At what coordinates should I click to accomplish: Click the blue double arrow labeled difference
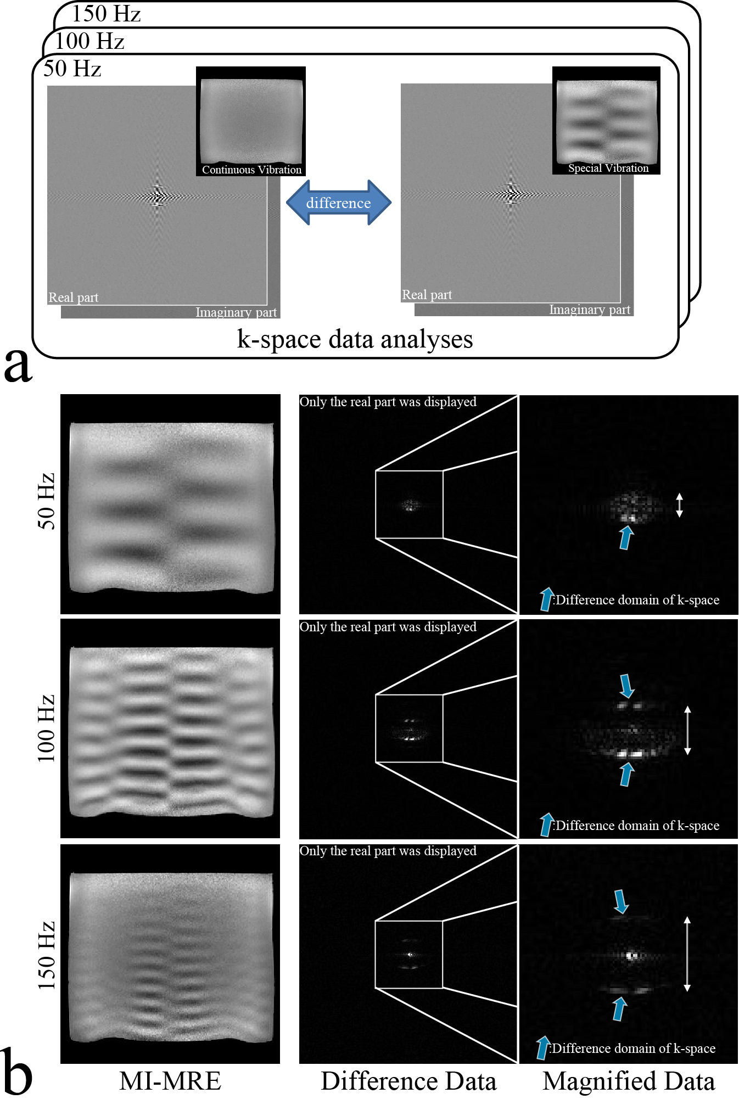[338, 203]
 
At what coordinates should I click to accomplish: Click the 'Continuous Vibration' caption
[251, 170]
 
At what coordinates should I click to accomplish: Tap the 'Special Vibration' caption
[608, 168]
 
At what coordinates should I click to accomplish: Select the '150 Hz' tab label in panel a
[106, 14]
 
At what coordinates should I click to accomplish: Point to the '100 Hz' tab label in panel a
[89, 41]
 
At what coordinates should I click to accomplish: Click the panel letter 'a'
[18, 364]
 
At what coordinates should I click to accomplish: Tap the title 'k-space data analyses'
[355, 339]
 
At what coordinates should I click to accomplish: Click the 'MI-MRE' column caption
[170, 1081]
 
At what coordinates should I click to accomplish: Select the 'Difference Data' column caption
[408, 1081]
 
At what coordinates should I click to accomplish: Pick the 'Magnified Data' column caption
[629, 1081]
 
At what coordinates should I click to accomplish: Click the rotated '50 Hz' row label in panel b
[46, 501]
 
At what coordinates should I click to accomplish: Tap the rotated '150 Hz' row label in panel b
[46, 955]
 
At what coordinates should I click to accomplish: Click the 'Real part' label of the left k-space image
[73, 298]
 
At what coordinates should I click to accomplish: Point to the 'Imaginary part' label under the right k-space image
[590, 310]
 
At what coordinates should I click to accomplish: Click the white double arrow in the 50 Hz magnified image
[679, 505]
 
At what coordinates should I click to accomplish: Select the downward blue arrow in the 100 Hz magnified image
[626, 686]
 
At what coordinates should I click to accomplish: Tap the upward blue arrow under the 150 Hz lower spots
[619, 1009]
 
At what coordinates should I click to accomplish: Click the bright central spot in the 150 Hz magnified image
[631, 956]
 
